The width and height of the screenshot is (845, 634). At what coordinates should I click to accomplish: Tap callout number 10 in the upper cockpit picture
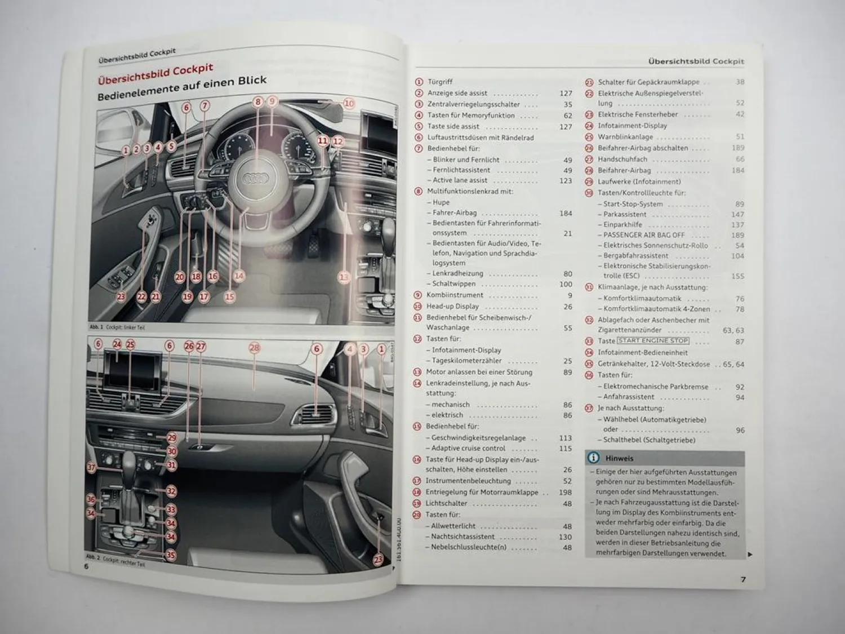[x=349, y=103]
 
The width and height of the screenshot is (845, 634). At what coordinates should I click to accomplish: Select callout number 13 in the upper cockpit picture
[x=344, y=277]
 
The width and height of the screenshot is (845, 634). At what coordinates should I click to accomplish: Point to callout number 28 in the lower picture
[x=255, y=348]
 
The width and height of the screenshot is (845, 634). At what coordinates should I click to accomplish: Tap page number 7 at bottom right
[x=743, y=579]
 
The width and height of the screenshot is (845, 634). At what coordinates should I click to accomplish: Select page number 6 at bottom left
[x=86, y=566]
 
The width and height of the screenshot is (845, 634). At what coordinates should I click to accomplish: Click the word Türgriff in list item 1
[x=440, y=82]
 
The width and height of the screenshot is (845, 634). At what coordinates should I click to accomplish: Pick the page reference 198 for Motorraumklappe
[x=565, y=493]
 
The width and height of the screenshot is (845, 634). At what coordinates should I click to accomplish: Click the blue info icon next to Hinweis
[x=593, y=458]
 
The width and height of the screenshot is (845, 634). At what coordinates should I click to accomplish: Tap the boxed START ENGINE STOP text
[x=653, y=340]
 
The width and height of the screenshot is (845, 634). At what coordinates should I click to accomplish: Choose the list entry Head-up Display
[x=453, y=307]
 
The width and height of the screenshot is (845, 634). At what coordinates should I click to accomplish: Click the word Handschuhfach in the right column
[x=622, y=159]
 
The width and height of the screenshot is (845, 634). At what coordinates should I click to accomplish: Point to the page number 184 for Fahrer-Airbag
[x=566, y=213]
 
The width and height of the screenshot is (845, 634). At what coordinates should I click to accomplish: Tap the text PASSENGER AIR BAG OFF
[x=644, y=235]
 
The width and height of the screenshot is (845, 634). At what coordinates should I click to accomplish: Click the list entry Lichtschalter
[x=446, y=503]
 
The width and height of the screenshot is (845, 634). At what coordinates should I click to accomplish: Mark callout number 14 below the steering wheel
[x=239, y=276]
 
